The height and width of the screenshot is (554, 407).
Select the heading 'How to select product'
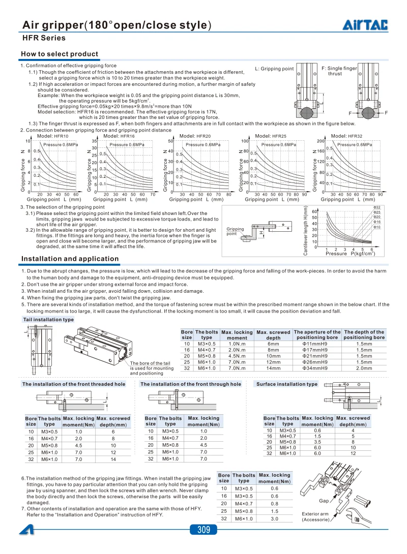click(59, 54)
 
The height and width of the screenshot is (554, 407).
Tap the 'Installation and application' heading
click(70, 259)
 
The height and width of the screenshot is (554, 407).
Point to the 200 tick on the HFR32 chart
click(321, 141)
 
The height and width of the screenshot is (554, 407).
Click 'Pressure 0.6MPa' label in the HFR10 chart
click(61, 145)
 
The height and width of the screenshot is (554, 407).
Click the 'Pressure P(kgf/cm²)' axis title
click(350, 253)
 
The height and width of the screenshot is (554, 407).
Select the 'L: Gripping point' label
click(274, 69)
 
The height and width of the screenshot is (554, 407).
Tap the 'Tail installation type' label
click(48, 320)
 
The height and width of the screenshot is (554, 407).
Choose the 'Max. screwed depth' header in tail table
click(273, 335)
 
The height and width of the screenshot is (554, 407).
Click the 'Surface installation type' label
click(286, 384)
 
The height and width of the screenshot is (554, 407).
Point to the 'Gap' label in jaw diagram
click(324, 501)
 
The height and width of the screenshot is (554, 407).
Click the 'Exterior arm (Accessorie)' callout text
click(315, 516)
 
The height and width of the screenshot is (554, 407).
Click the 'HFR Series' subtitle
click(44, 38)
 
